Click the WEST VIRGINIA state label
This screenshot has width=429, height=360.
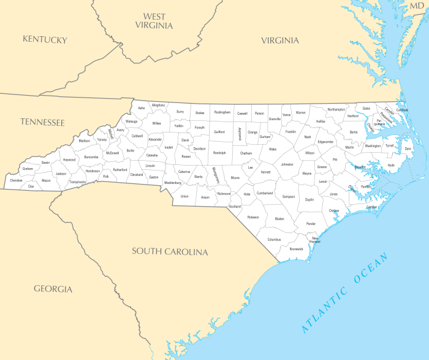pyautogui.click(x=154, y=21)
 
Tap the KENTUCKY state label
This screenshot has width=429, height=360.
pyautogui.click(x=45, y=39)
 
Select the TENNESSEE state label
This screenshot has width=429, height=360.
pyautogui.click(x=42, y=122)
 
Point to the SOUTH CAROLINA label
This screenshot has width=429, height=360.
pyautogui.click(x=170, y=251)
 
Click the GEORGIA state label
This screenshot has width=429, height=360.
pyautogui.click(x=53, y=289)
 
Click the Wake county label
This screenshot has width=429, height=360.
pyautogui.click(x=273, y=149)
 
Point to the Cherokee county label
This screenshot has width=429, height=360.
pyautogui.click(x=16, y=180)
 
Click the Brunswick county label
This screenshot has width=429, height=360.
pyautogui.click(x=297, y=249)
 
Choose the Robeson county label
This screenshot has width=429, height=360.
pyautogui.click(x=253, y=217)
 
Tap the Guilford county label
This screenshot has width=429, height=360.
pyautogui.click(x=219, y=132)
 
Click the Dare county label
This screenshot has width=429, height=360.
pyautogui.click(x=408, y=149)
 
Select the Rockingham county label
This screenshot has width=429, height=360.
pyautogui.click(x=222, y=112)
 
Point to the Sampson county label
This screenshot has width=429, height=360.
pyautogui.click(x=289, y=197)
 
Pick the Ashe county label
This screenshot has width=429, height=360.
pyautogui.click(x=142, y=108)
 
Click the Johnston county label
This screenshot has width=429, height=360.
pyautogui.click(x=287, y=164)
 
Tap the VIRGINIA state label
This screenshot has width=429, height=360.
pyautogui.click(x=280, y=40)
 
